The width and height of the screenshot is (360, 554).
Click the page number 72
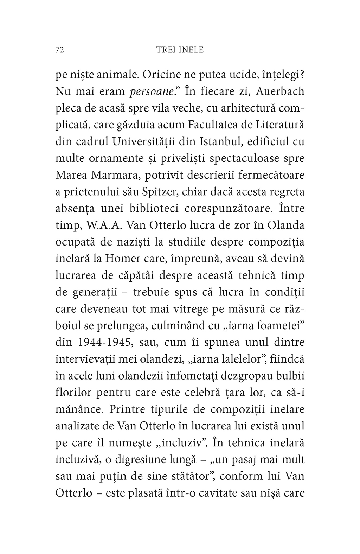[x=59, y=50]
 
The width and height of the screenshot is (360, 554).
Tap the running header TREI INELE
[x=180, y=50]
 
